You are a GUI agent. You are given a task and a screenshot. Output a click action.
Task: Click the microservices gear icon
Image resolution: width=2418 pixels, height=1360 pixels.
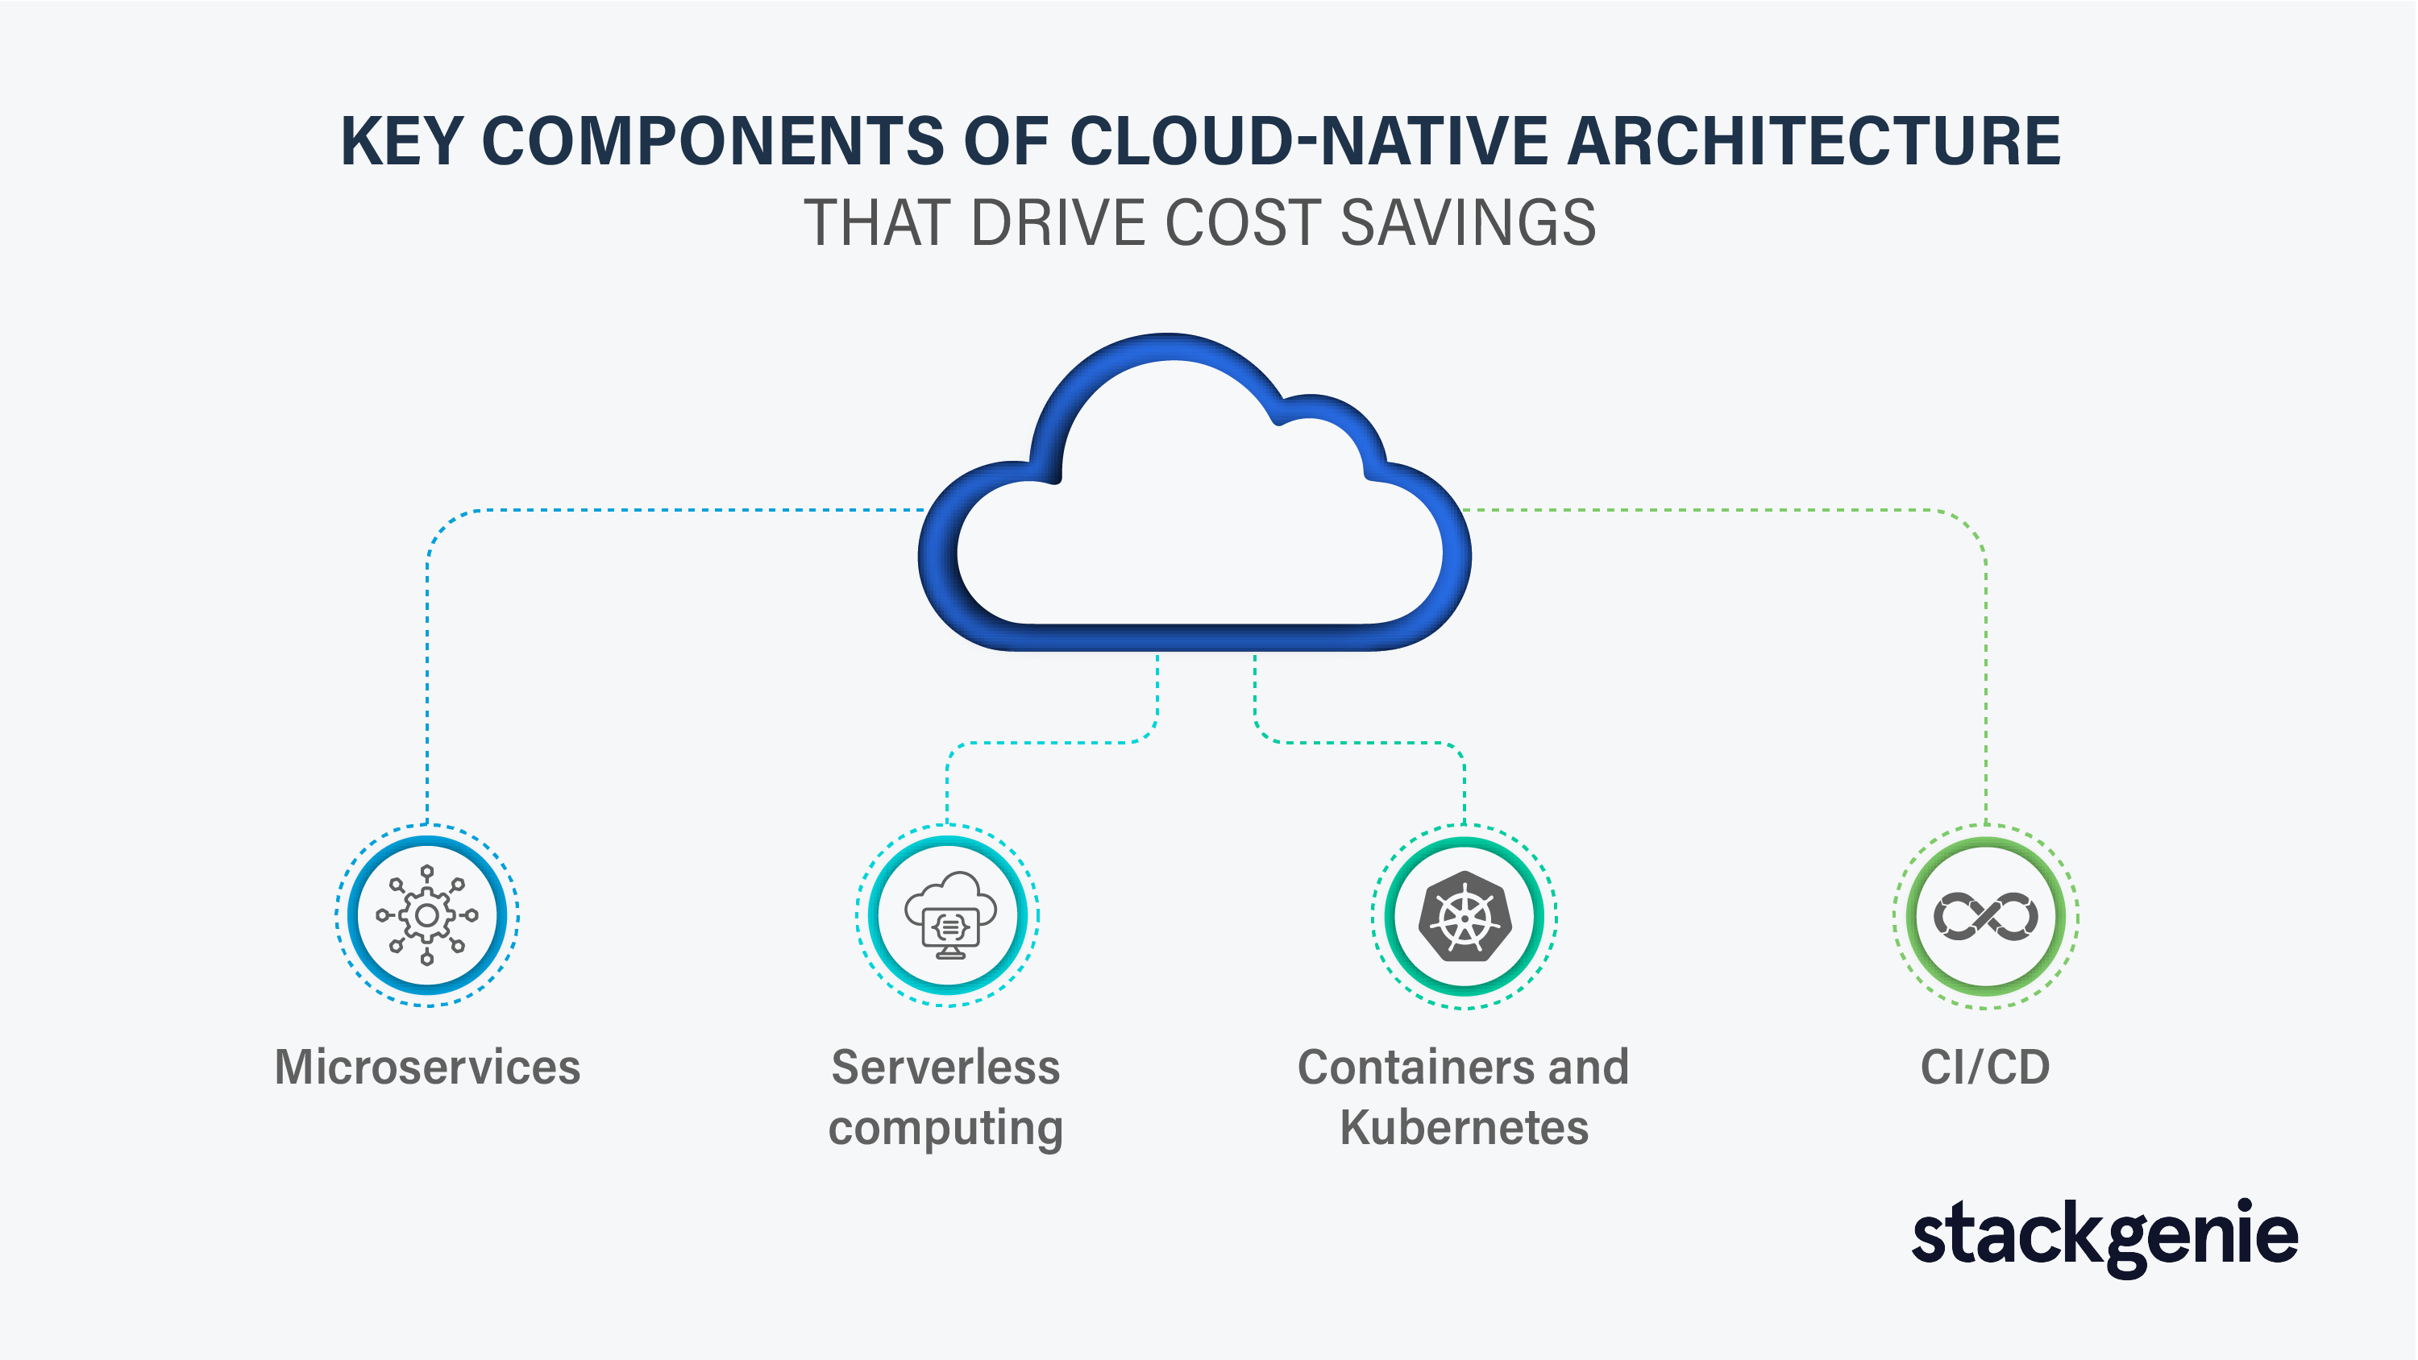[427, 915]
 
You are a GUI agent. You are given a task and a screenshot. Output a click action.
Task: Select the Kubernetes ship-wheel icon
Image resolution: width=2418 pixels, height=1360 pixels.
[1465, 916]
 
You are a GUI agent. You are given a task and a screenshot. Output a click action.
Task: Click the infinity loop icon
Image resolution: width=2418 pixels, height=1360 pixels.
[1985, 916]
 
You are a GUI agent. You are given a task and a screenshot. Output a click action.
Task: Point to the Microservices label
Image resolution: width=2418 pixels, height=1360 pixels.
[427, 1068]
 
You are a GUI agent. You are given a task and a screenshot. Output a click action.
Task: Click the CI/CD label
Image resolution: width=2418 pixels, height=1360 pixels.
[1985, 1068]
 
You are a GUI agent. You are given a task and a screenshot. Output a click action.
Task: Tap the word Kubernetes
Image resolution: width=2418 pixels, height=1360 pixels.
[1465, 1127]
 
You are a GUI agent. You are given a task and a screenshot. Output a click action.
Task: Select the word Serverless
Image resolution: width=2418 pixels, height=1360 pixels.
[946, 1068]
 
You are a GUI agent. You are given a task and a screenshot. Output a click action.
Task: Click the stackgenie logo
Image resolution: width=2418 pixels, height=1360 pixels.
[2105, 1237]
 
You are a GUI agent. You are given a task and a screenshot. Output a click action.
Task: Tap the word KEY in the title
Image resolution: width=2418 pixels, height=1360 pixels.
[401, 142]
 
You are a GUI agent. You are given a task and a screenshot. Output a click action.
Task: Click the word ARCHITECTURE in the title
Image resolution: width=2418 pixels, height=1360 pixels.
[1814, 142]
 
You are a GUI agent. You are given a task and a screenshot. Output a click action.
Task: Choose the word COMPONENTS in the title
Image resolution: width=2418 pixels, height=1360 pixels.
[713, 142]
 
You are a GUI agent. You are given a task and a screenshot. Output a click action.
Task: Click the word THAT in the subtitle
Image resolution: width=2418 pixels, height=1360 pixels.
[879, 223]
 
